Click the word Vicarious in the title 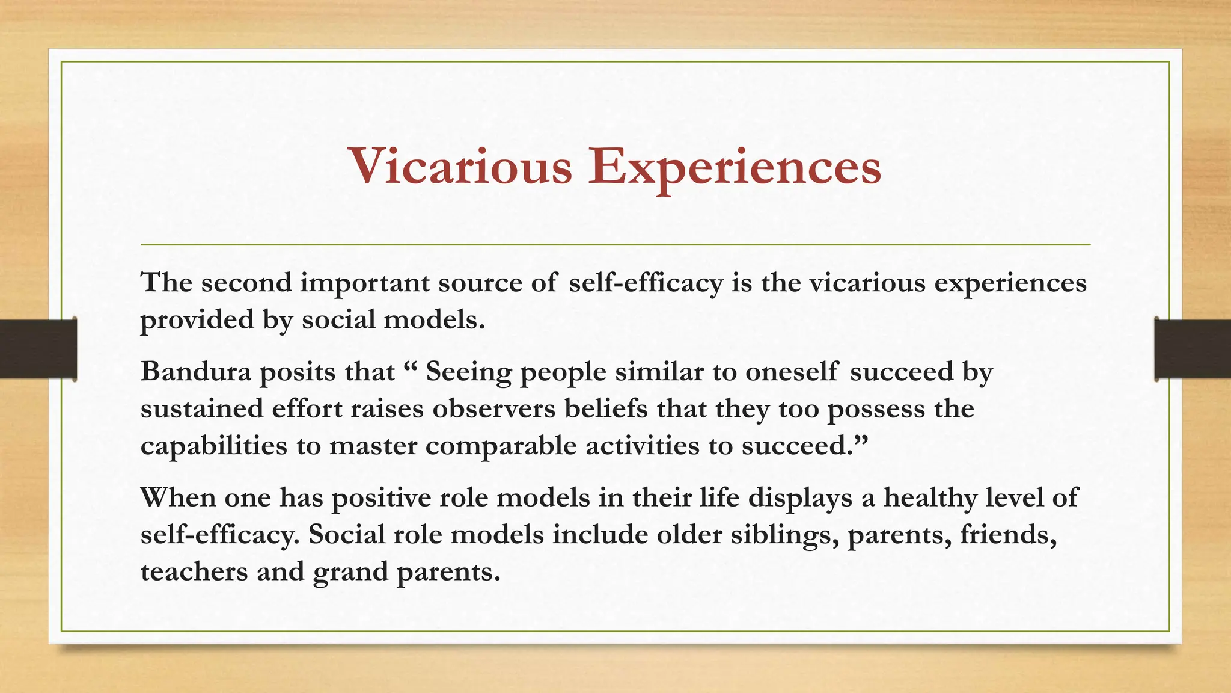point(460,167)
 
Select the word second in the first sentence point(246,282)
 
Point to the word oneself point(791,371)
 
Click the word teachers point(194,571)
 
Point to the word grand point(350,572)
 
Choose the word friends point(1008,535)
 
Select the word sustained point(202,408)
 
